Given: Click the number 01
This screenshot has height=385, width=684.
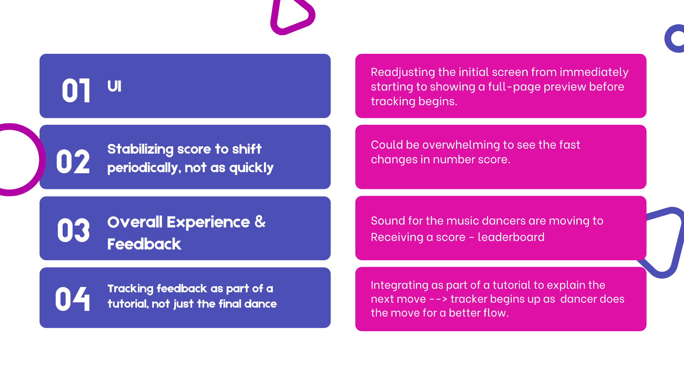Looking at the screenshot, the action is [76, 91].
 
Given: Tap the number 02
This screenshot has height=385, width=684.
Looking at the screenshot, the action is [73, 162].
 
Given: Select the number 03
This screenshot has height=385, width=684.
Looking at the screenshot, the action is [73, 231].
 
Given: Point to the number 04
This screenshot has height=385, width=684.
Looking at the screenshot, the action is [73, 299].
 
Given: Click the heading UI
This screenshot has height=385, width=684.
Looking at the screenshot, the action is [114, 86].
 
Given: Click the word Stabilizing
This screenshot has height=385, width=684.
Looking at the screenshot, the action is [140, 149].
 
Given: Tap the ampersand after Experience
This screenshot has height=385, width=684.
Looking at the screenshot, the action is [260, 222].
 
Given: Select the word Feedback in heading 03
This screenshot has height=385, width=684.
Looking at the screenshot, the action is [144, 244].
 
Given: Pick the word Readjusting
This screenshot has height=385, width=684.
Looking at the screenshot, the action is [403, 72].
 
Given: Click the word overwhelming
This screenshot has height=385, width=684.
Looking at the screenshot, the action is [461, 145].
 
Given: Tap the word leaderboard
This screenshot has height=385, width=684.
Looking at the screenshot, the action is [511, 237].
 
